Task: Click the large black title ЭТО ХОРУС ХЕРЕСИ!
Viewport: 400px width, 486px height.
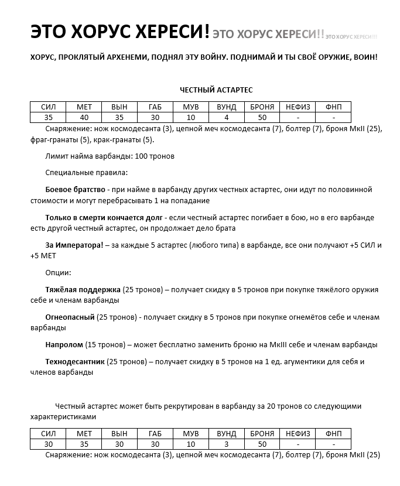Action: pos(119,33)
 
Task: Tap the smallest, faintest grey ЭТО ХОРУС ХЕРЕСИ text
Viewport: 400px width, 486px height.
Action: pos(351,37)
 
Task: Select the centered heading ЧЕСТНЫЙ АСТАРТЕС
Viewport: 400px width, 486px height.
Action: pos(216,90)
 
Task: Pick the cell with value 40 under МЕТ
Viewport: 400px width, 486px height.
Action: pos(84,117)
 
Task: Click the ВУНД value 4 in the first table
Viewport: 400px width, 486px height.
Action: pos(226,117)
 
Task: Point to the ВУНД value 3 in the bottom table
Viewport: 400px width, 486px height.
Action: pos(226,444)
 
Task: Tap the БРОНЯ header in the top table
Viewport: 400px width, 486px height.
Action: pos(262,107)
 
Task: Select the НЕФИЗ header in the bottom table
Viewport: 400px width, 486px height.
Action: pos(298,433)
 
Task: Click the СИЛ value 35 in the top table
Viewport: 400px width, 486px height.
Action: pos(48,117)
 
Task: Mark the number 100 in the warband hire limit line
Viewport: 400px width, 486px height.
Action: pos(141,156)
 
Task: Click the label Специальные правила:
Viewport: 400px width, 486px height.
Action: pos(86,173)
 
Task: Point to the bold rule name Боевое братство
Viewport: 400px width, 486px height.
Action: pos(75,190)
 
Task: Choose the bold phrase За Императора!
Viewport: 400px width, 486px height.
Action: pos(73,245)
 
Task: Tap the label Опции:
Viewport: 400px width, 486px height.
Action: pos(58,273)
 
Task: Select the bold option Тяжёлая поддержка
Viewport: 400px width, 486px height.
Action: pos(83,290)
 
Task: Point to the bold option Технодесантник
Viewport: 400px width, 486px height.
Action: pos(75,362)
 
